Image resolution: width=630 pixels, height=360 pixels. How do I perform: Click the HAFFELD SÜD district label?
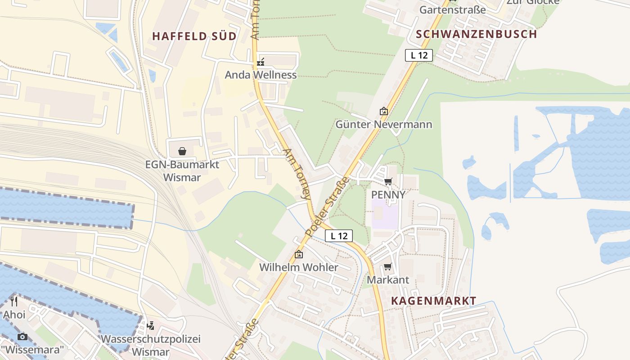click(194, 36)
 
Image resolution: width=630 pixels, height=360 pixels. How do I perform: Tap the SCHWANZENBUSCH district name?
click(476, 34)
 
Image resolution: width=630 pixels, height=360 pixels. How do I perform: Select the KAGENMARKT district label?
click(433, 301)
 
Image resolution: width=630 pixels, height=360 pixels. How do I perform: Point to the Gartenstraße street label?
click(453, 9)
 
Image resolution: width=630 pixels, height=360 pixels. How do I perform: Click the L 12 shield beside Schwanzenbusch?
click(419, 55)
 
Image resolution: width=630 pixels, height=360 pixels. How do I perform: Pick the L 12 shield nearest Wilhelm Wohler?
click(339, 235)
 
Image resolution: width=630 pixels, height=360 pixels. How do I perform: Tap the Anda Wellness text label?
click(261, 75)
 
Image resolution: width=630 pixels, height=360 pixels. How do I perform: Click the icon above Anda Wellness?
click(261, 63)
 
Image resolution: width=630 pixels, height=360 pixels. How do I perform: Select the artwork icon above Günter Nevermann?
click(383, 111)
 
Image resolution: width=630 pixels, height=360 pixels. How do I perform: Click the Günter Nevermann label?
click(383, 124)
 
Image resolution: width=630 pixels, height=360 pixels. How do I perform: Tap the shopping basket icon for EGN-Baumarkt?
click(182, 151)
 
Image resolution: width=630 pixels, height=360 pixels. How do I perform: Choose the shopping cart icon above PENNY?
click(388, 182)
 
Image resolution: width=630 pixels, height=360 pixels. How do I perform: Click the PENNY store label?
click(388, 194)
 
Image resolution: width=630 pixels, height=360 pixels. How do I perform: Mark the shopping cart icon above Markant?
click(388, 267)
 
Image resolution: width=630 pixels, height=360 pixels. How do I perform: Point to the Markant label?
click(388, 279)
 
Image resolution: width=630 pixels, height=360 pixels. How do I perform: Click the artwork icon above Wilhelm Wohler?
click(298, 254)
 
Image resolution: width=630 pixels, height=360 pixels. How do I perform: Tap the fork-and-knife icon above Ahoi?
click(14, 301)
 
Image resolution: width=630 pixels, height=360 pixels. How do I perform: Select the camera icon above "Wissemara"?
click(22, 336)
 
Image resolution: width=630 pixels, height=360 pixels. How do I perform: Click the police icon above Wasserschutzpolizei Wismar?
click(151, 325)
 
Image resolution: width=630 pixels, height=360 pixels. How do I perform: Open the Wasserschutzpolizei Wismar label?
click(151, 345)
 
